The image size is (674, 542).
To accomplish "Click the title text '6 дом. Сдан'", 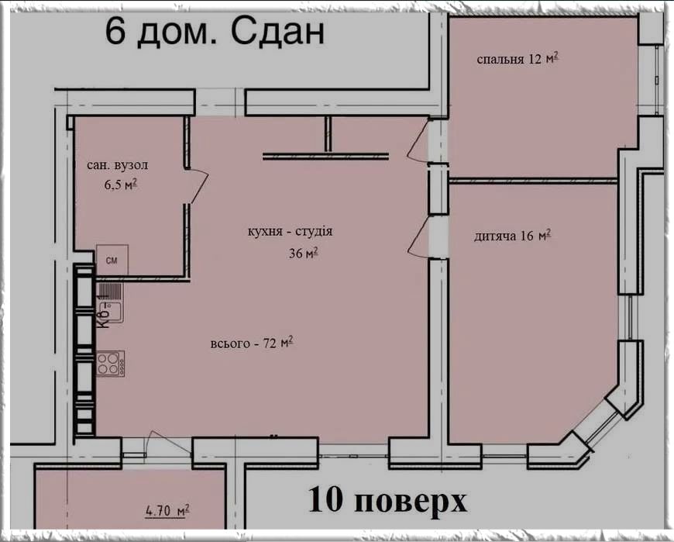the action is (215, 31).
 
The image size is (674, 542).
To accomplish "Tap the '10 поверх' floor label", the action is (387, 499).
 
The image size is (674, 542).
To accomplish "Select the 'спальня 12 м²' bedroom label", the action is (518, 58).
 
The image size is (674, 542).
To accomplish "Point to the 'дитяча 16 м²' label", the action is (512, 236).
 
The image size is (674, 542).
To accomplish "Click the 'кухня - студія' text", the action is (291, 231).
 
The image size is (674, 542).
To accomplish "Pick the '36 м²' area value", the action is (304, 253).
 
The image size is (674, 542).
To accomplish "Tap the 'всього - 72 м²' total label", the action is (252, 343).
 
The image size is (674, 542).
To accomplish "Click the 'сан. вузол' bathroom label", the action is (117, 165).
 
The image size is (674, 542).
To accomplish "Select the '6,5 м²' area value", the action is (120, 185).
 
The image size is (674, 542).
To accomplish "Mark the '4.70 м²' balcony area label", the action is (167, 511).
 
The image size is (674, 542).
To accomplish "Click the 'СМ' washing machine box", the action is (112, 260).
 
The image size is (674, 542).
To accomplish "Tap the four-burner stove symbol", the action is (111, 364).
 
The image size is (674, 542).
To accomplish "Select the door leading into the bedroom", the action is (418, 140).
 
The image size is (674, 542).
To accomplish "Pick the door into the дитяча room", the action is (418, 237).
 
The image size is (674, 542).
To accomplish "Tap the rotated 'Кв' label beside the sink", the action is (102, 312).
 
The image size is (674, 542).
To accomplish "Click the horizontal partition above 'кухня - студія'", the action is (325, 156).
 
